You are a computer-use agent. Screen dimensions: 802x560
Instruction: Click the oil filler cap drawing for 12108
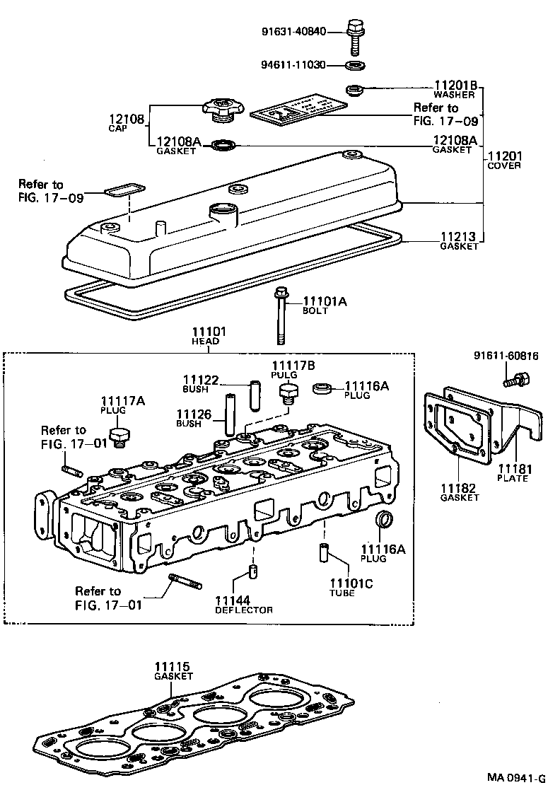coord(223,110)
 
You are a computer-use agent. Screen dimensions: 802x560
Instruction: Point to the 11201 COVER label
coord(504,160)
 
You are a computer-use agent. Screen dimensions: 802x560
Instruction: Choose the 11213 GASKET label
coord(459,241)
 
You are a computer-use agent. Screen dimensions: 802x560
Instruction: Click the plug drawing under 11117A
coord(121,436)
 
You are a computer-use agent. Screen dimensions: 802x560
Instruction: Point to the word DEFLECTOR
coord(243,610)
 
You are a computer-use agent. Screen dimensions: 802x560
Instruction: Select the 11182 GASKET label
coord(460,492)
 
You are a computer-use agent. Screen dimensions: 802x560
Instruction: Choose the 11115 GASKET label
coord(173,671)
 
